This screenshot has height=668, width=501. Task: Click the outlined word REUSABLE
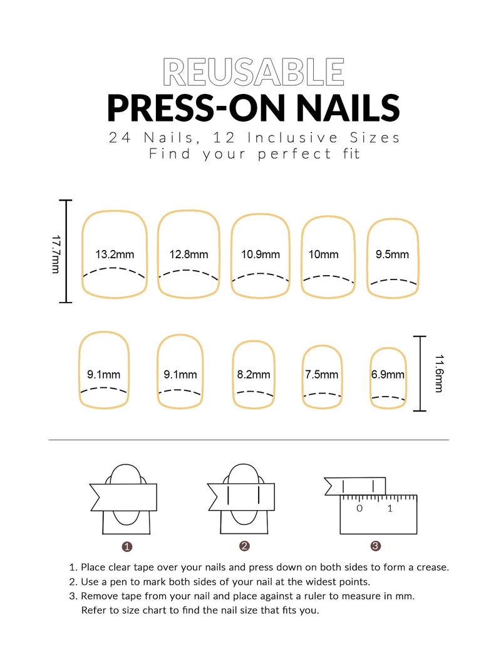coord(253,72)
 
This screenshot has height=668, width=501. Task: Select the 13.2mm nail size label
coord(115,254)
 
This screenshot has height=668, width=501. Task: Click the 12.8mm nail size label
coord(189,254)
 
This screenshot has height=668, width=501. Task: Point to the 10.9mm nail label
coord(261,254)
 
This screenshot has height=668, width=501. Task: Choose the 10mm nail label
coord(323,254)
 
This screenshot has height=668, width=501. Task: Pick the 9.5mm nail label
coord(392,254)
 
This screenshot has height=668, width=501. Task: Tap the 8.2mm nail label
coord(254,375)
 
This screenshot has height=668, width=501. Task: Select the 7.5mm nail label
coord(322,375)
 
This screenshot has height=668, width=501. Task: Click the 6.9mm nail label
coord(388,375)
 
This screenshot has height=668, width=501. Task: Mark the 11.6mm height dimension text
coord(438,373)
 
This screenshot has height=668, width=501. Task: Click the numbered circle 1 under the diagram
coord(127,546)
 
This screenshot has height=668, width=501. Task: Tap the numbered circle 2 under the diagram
coord(244,546)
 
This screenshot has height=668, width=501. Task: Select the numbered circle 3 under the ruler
coord(374,546)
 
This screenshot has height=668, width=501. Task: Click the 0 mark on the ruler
coord(359,508)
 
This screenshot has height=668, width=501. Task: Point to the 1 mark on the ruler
coord(390,508)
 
